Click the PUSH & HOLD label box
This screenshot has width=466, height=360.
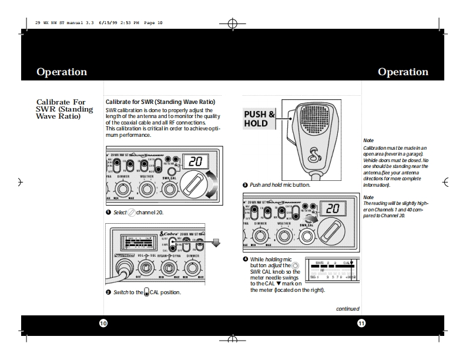click(259, 119)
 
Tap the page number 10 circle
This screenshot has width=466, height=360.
click(103, 324)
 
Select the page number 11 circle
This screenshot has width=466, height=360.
click(361, 324)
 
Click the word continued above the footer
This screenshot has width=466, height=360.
click(347, 309)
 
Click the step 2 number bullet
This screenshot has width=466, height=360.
click(108, 292)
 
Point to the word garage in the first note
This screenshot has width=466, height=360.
click(413, 154)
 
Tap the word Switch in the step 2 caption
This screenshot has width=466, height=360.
click(121, 292)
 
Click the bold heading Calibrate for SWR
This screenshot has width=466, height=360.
click(160, 102)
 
